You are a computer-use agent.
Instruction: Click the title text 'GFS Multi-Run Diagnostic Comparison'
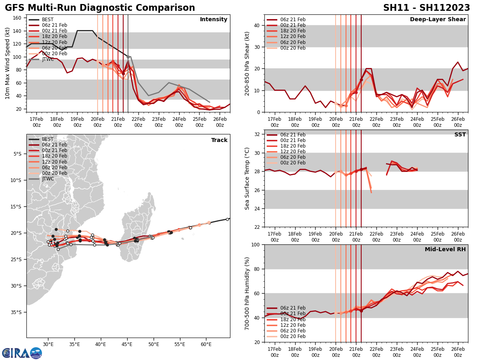(100, 8)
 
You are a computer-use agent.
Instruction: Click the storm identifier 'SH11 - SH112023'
(426, 8)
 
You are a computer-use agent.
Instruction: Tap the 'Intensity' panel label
(214, 20)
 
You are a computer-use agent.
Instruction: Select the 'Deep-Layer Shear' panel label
(438, 20)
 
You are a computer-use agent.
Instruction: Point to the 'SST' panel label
(460, 135)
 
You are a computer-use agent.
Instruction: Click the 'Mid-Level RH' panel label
(445, 250)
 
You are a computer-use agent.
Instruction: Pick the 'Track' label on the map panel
(219, 140)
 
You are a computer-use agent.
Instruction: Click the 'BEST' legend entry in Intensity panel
(48, 20)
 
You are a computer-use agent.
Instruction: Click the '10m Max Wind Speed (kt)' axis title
(8, 63)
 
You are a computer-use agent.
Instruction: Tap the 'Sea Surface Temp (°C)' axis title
(247, 178)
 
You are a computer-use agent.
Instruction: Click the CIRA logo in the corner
(22, 353)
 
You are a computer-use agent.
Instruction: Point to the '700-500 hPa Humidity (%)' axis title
(247, 294)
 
